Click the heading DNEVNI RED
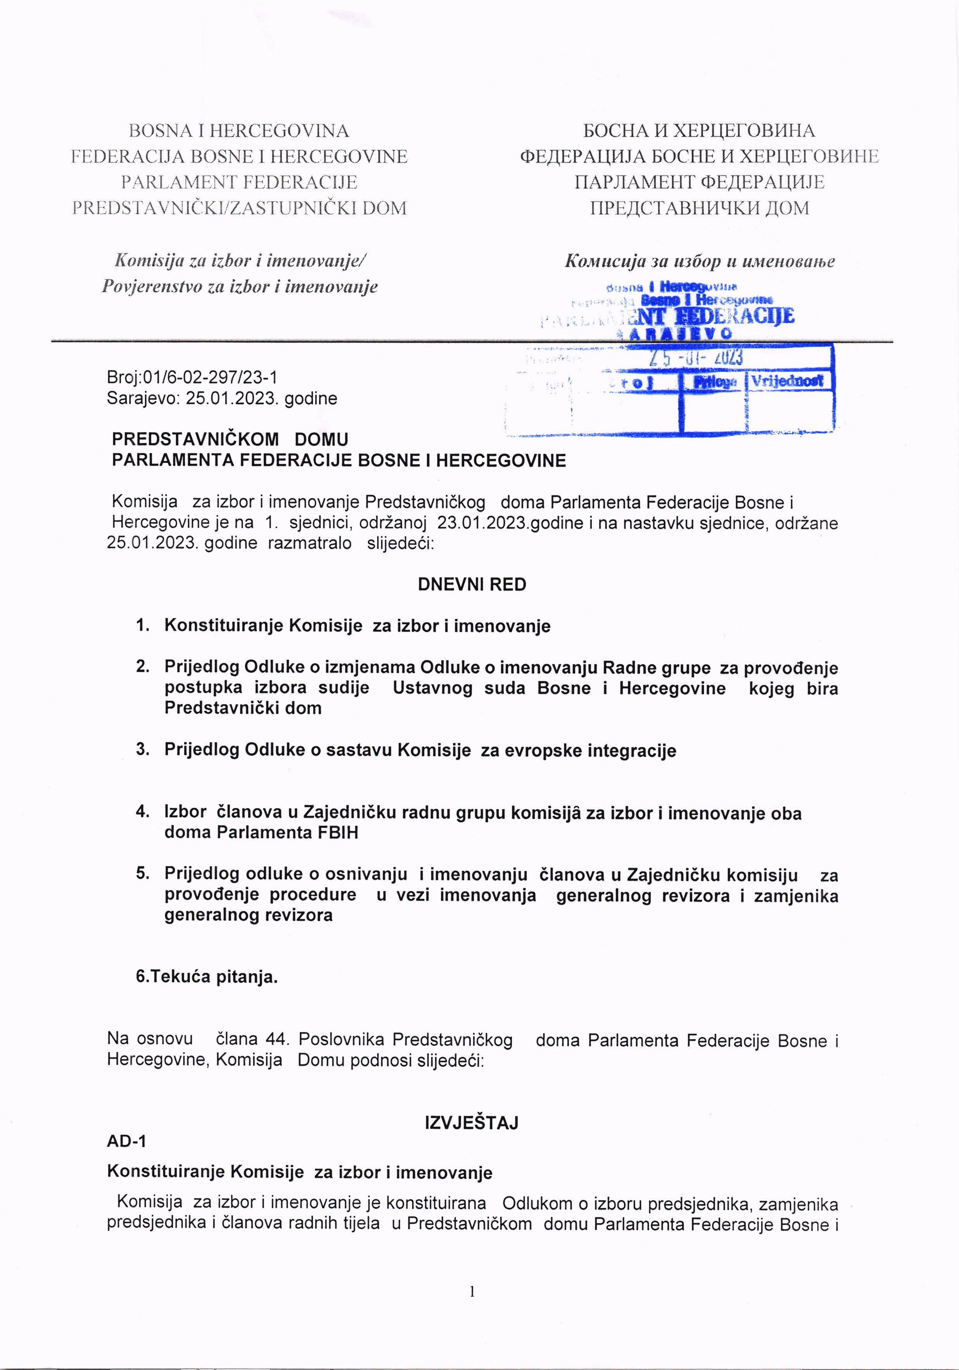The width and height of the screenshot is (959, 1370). pyautogui.click(x=472, y=585)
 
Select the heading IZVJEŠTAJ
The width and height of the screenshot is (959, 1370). pyautogui.click(x=471, y=1123)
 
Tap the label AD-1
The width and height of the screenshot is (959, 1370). pyautogui.click(x=126, y=1141)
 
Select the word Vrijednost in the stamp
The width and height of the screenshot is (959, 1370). pyautogui.click(x=787, y=381)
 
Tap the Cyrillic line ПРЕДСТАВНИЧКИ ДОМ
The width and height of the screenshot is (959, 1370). pyautogui.click(x=699, y=208)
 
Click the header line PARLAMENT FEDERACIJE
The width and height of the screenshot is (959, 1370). pyautogui.click(x=239, y=182)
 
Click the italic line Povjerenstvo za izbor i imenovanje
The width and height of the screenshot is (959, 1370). pyautogui.click(x=239, y=287)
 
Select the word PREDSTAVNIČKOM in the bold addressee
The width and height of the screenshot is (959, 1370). pyautogui.click(x=195, y=440)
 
